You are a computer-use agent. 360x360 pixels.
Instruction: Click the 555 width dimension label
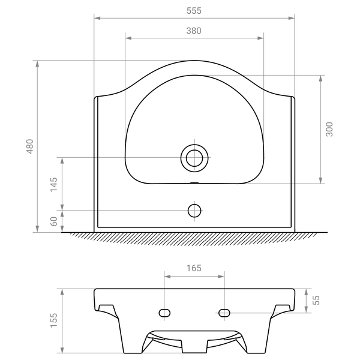194,11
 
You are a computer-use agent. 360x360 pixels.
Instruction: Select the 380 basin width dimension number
194,31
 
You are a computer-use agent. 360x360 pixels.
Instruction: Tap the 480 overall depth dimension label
30,146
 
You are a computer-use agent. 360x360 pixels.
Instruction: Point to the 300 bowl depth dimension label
329,129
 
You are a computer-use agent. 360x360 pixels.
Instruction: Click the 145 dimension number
54,185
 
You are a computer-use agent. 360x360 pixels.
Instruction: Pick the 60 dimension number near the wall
54,221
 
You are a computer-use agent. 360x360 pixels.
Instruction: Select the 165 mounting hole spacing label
194,268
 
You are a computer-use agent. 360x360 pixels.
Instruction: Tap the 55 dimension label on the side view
316,301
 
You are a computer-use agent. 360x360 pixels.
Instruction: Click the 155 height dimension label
54,320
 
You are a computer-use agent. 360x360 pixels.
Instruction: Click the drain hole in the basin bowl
194,158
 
